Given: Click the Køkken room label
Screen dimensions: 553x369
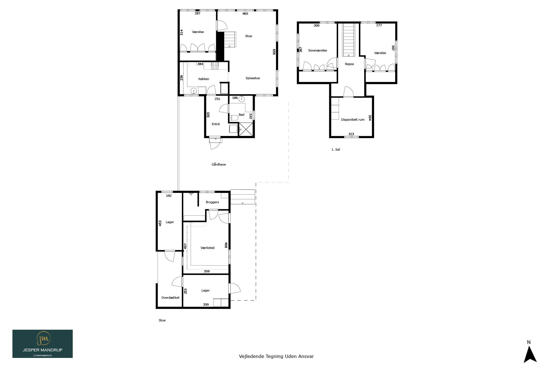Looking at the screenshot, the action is click(x=204, y=79).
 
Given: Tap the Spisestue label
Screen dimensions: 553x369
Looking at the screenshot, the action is click(x=253, y=78).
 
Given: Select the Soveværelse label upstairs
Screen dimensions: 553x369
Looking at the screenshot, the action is click(x=317, y=50).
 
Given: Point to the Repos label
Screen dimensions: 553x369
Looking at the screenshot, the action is click(x=349, y=64).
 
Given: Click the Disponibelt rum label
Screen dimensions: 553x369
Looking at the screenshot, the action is click(x=353, y=120).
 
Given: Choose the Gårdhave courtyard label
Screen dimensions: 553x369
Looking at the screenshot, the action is click(x=219, y=164).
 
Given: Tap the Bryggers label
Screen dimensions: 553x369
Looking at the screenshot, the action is click(x=212, y=202).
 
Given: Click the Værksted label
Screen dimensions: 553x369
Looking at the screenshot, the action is click(x=207, y=248).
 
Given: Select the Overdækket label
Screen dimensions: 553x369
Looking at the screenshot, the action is click(x=170, y=298).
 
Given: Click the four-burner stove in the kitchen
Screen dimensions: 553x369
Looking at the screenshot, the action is click(x=215, y=66).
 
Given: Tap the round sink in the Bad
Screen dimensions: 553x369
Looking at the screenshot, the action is click(x=242, y=99).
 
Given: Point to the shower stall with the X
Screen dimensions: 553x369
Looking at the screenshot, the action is click(x=246, y=129).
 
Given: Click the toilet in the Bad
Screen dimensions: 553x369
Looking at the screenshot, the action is click(x=234, y=118).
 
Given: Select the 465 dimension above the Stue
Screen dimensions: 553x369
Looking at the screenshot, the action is click(x=245, y=14).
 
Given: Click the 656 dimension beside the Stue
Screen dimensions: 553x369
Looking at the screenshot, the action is click(x=274, y=52).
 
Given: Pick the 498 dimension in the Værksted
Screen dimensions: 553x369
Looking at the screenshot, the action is click(x=226, y=245).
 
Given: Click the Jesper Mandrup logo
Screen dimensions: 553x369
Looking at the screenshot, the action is click(x=43, y=344).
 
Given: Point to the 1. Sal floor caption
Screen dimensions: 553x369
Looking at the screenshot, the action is click(x=336, y=149).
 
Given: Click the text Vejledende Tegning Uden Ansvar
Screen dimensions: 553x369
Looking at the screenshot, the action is click(x=276, y=356).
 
